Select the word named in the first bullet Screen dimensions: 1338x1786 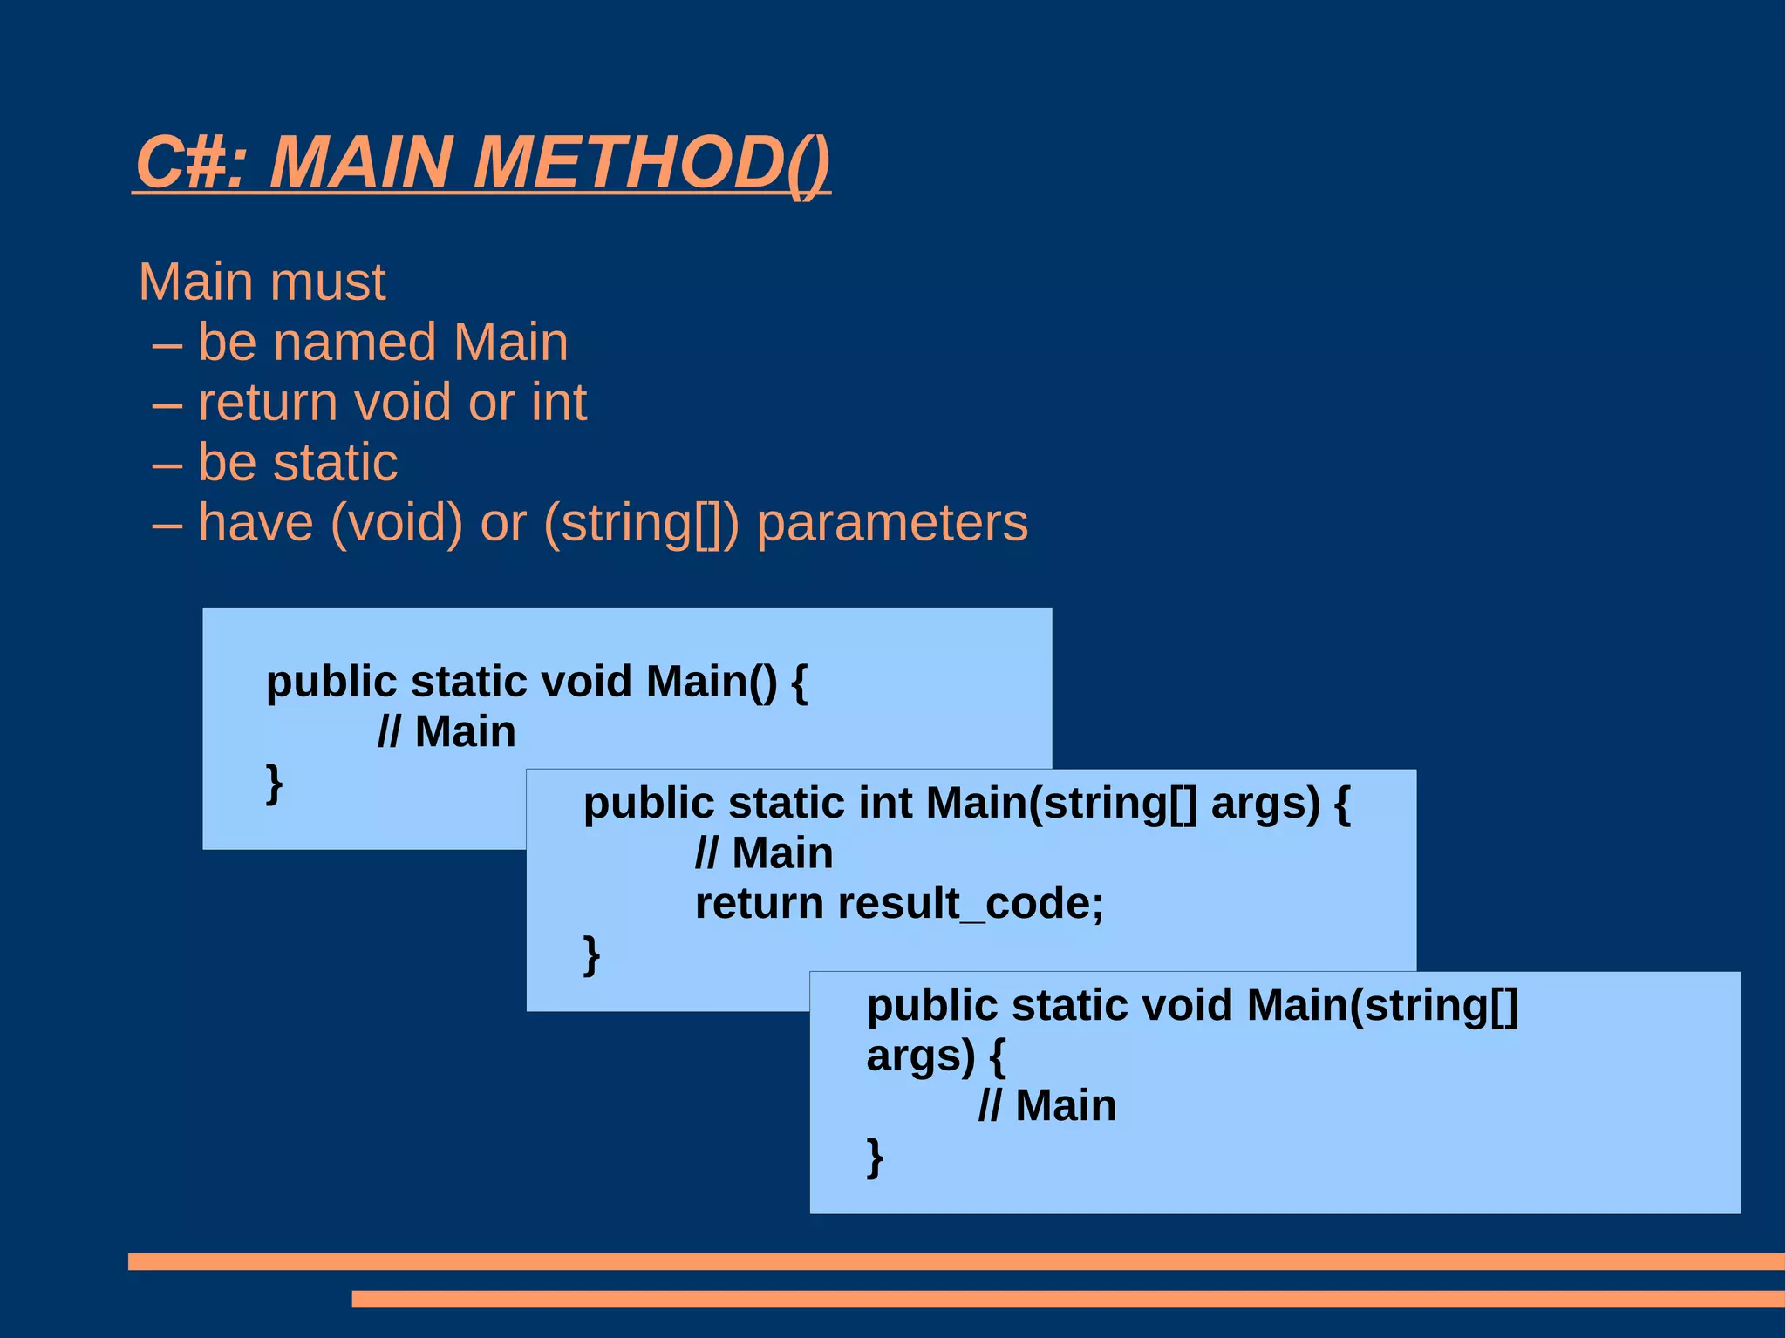click(354, 342)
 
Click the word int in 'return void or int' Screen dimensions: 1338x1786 click(558, 403)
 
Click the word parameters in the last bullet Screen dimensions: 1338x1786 click(892, 523)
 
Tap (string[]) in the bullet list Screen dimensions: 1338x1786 click(641, 523)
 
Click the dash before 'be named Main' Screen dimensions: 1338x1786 click(167, 343)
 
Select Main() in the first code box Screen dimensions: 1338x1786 click(712, 682)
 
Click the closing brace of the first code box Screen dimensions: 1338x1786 click(274, 784)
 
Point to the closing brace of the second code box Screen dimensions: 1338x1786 click(591, 955)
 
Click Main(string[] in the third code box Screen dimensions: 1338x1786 click(1382, 1005)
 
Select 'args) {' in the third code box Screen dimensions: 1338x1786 click(936, 1056)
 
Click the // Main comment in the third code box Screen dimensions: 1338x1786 click(1046, 1106)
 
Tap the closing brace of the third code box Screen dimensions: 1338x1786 click(875, 1158)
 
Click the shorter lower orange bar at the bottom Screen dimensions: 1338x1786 click(1067, 1299)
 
